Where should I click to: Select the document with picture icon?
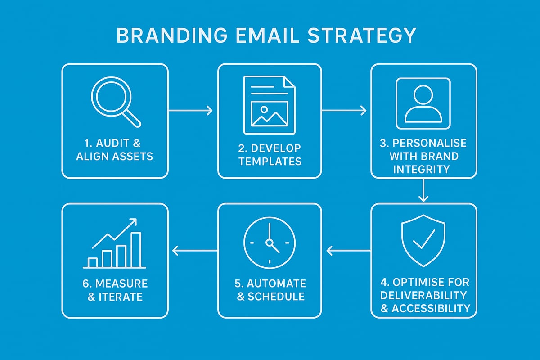pos(269,104)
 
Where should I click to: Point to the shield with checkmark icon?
pos(423,238)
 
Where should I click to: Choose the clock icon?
pos(269,243)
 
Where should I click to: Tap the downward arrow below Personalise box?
pos(423,191)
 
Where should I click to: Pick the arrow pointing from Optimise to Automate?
pos(346,250)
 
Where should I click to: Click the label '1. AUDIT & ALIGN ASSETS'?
pos(115,150)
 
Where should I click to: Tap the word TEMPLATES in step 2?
pos(270,161)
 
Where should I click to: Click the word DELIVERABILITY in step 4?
pos(423,295)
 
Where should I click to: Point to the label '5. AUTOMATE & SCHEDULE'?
pos(270,290)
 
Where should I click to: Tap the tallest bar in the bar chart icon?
pos(135,250)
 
